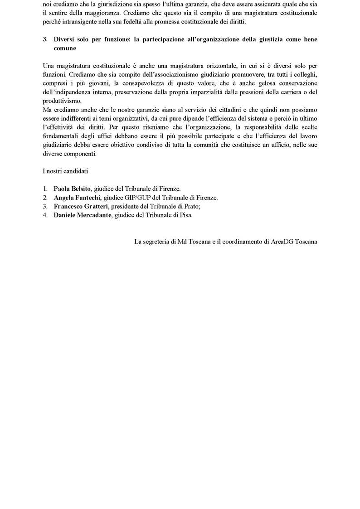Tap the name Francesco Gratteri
pos(81,206)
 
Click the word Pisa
pos(185,215)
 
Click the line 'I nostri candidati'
pos(65,171)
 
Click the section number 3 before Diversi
pos(44,39)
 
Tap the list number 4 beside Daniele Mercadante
pos(45,215)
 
